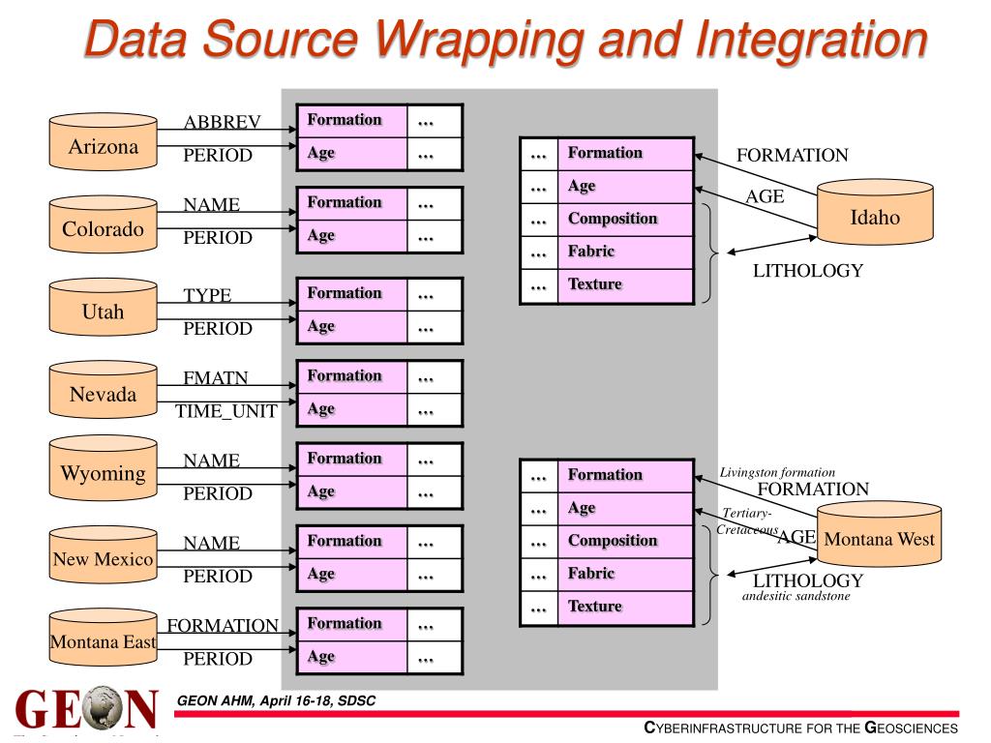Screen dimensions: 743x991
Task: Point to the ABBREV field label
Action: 222,122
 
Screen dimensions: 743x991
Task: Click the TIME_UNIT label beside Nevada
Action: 226,412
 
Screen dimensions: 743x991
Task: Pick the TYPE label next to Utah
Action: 208,295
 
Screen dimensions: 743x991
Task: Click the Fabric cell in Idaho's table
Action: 625,252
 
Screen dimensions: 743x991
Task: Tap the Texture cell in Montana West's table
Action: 625,607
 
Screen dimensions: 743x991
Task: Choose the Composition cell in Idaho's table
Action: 625,219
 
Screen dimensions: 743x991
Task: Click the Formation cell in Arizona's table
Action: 351,120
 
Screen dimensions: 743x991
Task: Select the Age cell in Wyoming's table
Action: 351,491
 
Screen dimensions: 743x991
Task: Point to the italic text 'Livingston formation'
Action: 777,472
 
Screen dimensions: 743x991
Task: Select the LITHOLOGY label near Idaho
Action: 807,271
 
